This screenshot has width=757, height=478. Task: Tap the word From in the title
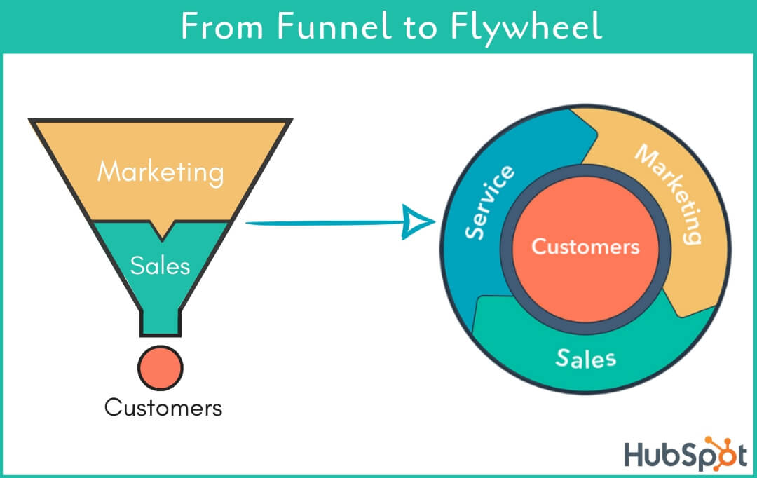(221, 27)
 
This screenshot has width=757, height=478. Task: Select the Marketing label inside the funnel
(161, 172)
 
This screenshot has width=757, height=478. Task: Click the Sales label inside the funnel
(161, 266)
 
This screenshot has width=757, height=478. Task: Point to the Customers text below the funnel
(163, 407)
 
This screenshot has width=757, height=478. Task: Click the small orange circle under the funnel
(161, 368)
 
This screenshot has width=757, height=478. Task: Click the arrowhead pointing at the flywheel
(421, 223)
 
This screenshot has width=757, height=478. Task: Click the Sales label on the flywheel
(586, 357)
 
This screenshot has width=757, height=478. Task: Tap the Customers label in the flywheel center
(585, 247)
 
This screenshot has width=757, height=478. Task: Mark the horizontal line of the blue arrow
(322, 224)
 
